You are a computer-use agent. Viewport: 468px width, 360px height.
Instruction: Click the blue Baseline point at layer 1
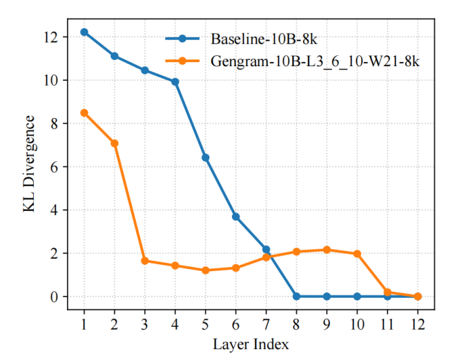84,32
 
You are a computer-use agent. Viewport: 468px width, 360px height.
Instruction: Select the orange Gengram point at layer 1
84,112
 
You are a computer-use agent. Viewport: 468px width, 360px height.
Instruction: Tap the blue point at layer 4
175,81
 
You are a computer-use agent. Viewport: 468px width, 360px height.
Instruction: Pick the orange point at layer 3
145,261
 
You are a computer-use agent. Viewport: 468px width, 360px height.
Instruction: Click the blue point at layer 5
206,157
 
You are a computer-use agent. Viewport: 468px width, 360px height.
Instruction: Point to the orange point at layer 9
326,250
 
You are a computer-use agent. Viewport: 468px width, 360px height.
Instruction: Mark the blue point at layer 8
296,297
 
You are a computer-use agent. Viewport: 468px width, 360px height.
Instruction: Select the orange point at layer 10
357,254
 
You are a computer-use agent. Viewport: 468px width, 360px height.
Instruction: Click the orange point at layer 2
115,143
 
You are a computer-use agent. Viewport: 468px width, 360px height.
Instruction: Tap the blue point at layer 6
236,217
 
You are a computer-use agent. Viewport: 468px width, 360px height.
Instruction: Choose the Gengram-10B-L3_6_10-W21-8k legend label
315,61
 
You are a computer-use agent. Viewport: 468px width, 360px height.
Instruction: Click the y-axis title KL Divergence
30,164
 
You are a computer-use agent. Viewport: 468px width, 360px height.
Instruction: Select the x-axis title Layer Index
251,343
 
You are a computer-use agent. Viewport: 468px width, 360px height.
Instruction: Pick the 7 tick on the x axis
266,323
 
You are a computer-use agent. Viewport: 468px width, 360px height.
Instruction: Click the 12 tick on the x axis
418,323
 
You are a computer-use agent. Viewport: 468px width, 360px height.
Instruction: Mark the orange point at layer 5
206,270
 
